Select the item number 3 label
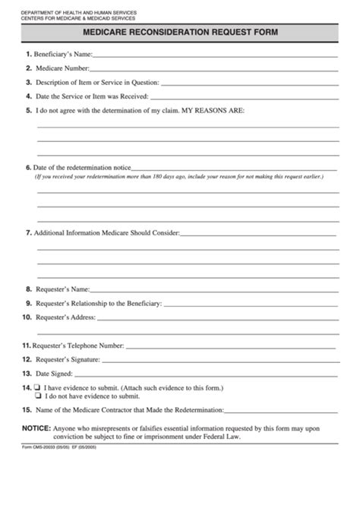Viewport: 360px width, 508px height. (28, 82)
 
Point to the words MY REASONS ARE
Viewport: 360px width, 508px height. (214, 111)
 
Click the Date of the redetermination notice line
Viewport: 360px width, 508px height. (236, 168)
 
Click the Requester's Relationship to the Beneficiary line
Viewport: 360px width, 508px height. (251, 304)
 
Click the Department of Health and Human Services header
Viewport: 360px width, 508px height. (69, 13)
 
